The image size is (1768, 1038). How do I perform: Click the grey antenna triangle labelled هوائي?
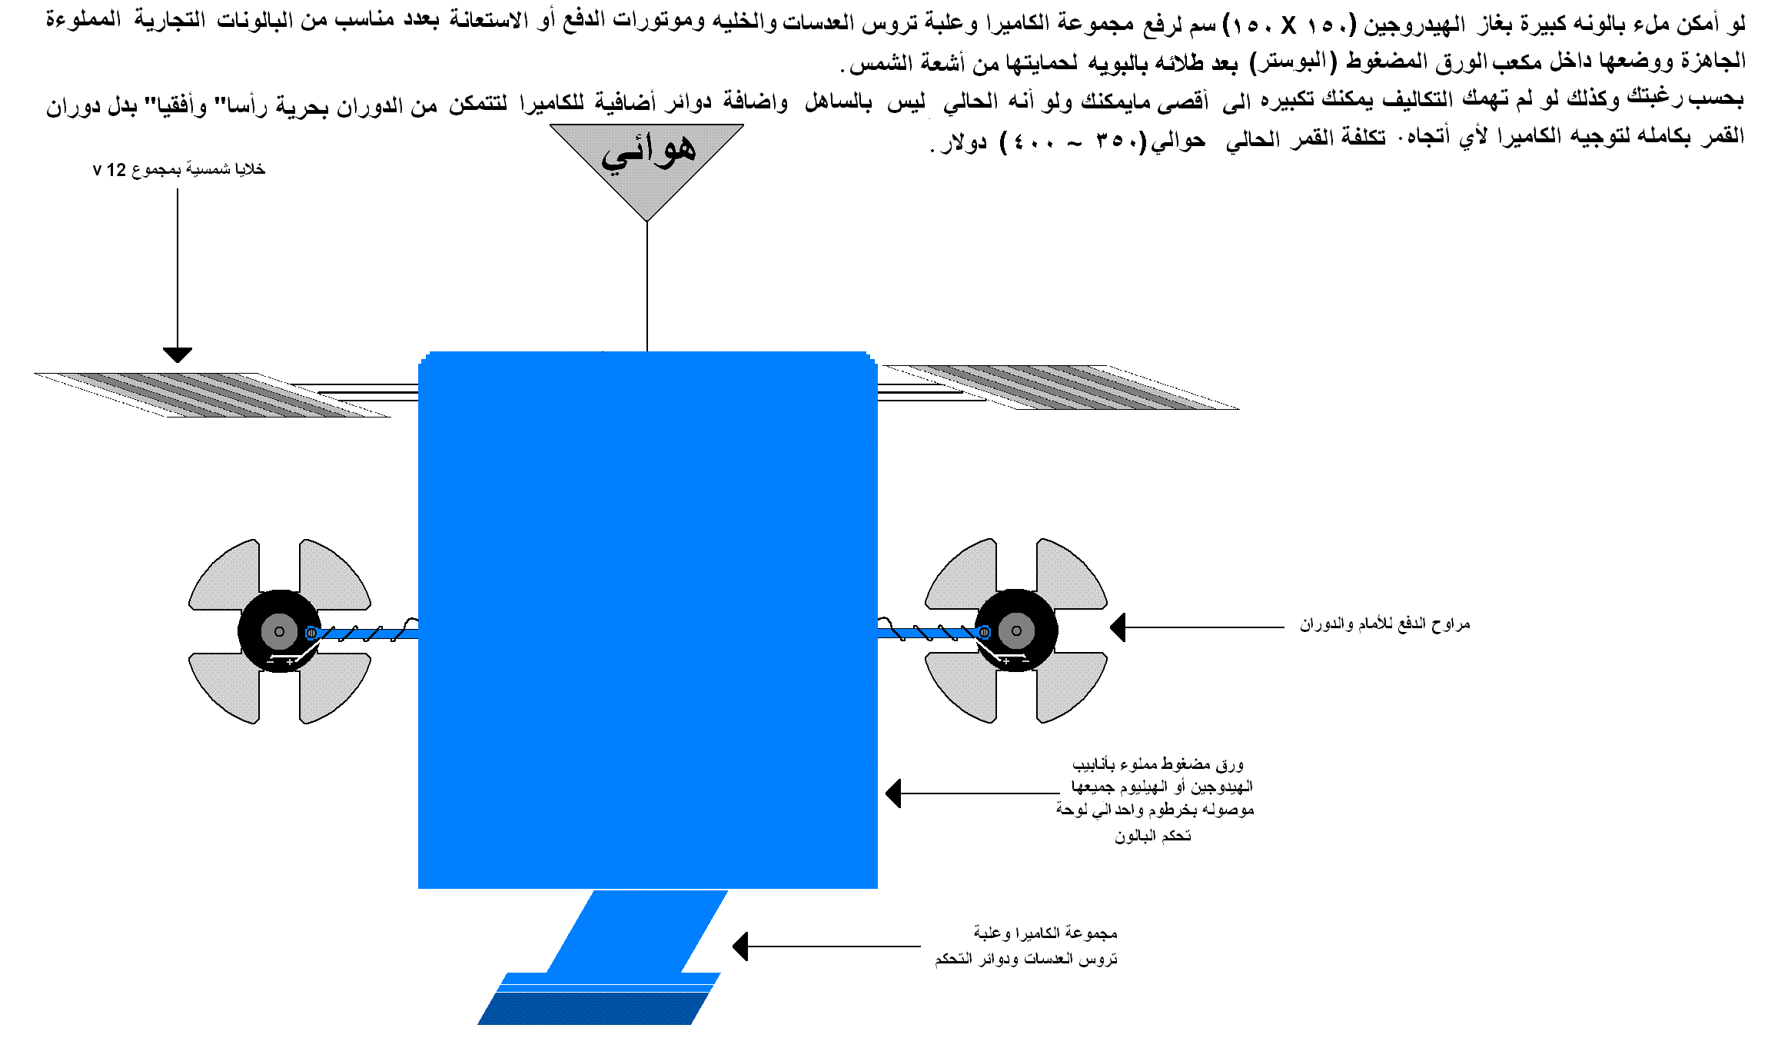tap(646, 165)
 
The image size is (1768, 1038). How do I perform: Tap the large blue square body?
tap(648, 620)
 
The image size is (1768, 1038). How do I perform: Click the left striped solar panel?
tap(213, 395)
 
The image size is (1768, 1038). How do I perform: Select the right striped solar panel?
tap(1061, 388)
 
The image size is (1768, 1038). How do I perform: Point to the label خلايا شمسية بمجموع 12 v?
tap(179, 169)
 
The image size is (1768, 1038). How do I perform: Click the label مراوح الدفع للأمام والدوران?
tap(1385, 624)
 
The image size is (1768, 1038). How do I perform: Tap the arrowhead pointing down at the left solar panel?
tap(178, 355)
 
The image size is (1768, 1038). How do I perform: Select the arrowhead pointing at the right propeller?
tap(1118, 627)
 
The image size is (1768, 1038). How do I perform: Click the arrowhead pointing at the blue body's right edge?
tap(893, 793)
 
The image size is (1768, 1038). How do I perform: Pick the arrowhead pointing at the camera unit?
tap(740, 947)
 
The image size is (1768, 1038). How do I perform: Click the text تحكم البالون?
tap(1153, 836)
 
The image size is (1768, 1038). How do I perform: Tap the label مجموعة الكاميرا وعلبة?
tap(1045, 933)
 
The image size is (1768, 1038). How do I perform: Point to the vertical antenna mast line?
tap(647, 287)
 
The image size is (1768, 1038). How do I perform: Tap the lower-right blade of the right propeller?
tap(1072, 687)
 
